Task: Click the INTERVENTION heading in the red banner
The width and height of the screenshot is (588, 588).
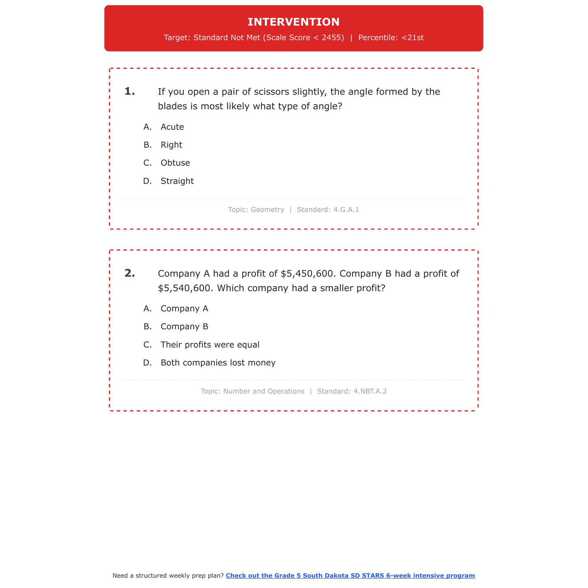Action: (x=294, y=22)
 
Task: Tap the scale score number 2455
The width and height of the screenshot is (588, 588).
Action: (x=332, y=38)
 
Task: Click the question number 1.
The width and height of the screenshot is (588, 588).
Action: (x=130, y=92)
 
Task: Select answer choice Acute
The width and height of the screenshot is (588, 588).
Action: (x=172, y=127)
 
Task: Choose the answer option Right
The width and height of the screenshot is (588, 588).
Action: (x=171, y=145)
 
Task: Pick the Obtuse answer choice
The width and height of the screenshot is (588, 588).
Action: (x=175, y=163)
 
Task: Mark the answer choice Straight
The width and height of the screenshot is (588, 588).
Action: (x=177, y=181)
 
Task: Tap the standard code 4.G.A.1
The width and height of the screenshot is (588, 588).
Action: (x=346, y=210)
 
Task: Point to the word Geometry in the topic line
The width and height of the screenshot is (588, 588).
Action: (x=267, y=210)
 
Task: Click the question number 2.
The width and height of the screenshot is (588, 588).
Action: (x=130, y=274)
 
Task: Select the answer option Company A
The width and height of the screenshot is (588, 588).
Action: (x=184, y=309)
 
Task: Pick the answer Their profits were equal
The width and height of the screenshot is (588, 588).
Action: (x=210, y=345)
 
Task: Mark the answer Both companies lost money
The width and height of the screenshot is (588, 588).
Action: (x=218, y=363)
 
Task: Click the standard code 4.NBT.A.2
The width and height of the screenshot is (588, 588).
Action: (x=370, y=391)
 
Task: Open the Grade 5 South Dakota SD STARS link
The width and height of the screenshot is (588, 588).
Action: (x=350, y=575)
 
